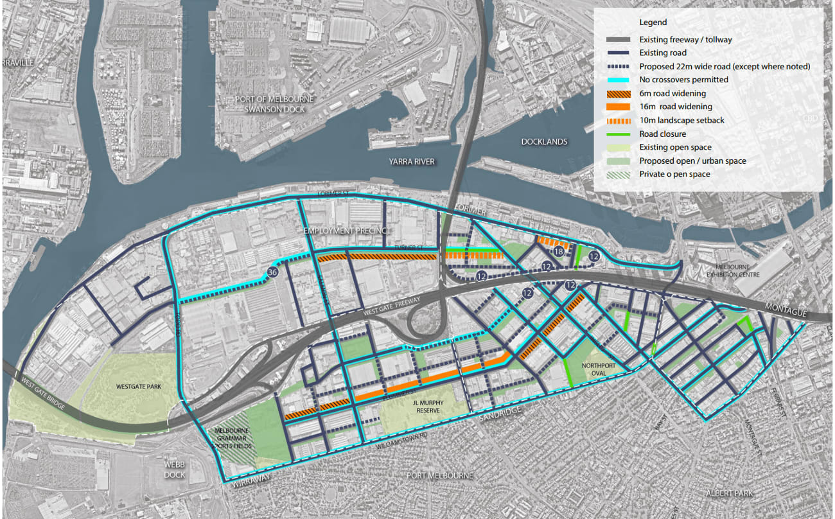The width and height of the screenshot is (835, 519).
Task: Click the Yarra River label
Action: tap(411, 162)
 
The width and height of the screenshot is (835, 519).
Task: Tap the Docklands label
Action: tap(545, 141)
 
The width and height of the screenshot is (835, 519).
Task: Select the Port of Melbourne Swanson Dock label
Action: tap(274, 104)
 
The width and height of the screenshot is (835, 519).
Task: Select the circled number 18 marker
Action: tap(558, 252)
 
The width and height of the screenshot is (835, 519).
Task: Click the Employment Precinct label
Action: tap(347, 231)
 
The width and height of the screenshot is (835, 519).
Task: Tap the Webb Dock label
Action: tap(174, 470)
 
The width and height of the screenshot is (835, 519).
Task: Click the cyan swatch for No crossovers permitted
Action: tap(617, 80)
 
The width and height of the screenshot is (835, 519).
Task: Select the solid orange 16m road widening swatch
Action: tap(617, 107)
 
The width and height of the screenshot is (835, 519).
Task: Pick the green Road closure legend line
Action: tap(617, 134)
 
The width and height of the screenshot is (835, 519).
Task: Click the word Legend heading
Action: tap(653, 22)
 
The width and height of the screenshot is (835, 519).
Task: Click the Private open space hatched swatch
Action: tap(617, 174)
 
